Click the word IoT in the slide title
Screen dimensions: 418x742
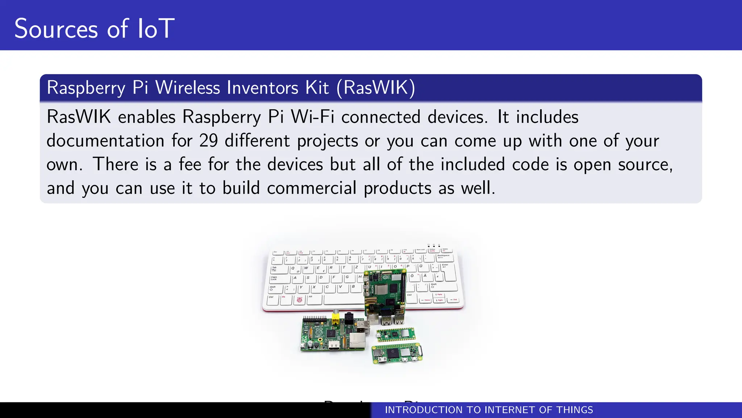click(x=156, y=29)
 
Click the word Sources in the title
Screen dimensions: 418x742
click(x=56, y=29)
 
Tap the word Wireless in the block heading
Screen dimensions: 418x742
click(x=188, y=88)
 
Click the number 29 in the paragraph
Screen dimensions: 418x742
click(x=208, y=141)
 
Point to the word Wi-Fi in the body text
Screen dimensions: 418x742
click(x=312, y=117)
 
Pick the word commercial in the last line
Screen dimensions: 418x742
click(x=312, y=188)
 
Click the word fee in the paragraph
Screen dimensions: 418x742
click(x=190, y=164)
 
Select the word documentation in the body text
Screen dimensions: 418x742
click(x=105, y=141)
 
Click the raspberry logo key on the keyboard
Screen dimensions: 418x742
click(x=299, y=300)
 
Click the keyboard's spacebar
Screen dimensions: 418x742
click(x=344, y=300)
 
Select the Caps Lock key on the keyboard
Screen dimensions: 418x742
click(x=280, y=279)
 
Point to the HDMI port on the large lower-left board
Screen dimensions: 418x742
click(x=334, y=347)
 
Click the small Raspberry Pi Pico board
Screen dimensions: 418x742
click(x=396, y=334)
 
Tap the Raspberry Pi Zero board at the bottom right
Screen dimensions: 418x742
click(x=397, y=353)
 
